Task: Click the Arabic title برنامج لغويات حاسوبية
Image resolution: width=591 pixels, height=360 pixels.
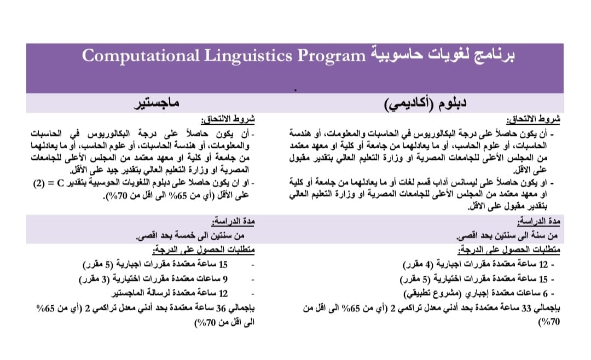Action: (443, 56)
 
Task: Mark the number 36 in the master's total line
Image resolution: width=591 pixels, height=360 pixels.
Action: (219, 307)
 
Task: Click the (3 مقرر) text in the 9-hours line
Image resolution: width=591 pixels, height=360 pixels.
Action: (99, 279)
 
